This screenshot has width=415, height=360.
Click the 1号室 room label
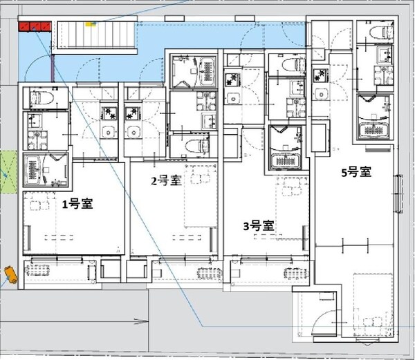(77, 204)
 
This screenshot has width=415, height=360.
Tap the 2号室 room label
(166, 181)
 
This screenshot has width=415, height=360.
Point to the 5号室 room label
(356, 173)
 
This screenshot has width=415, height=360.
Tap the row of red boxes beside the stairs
(35, 26)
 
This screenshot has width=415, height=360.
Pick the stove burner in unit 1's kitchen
(109, 111)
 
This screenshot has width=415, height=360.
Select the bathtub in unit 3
(286, 146)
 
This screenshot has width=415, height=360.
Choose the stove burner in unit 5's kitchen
(320, 75)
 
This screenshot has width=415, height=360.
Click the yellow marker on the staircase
(89, 23)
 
